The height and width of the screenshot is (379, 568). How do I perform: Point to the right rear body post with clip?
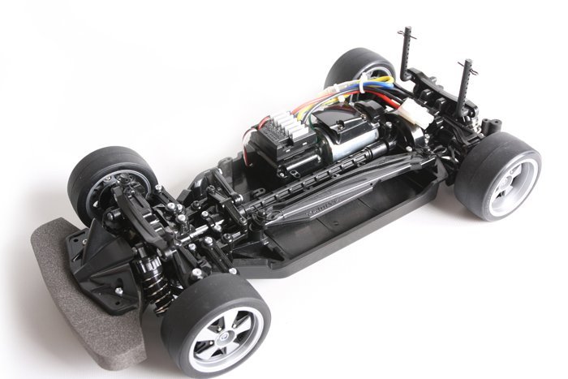coord(468,81)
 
